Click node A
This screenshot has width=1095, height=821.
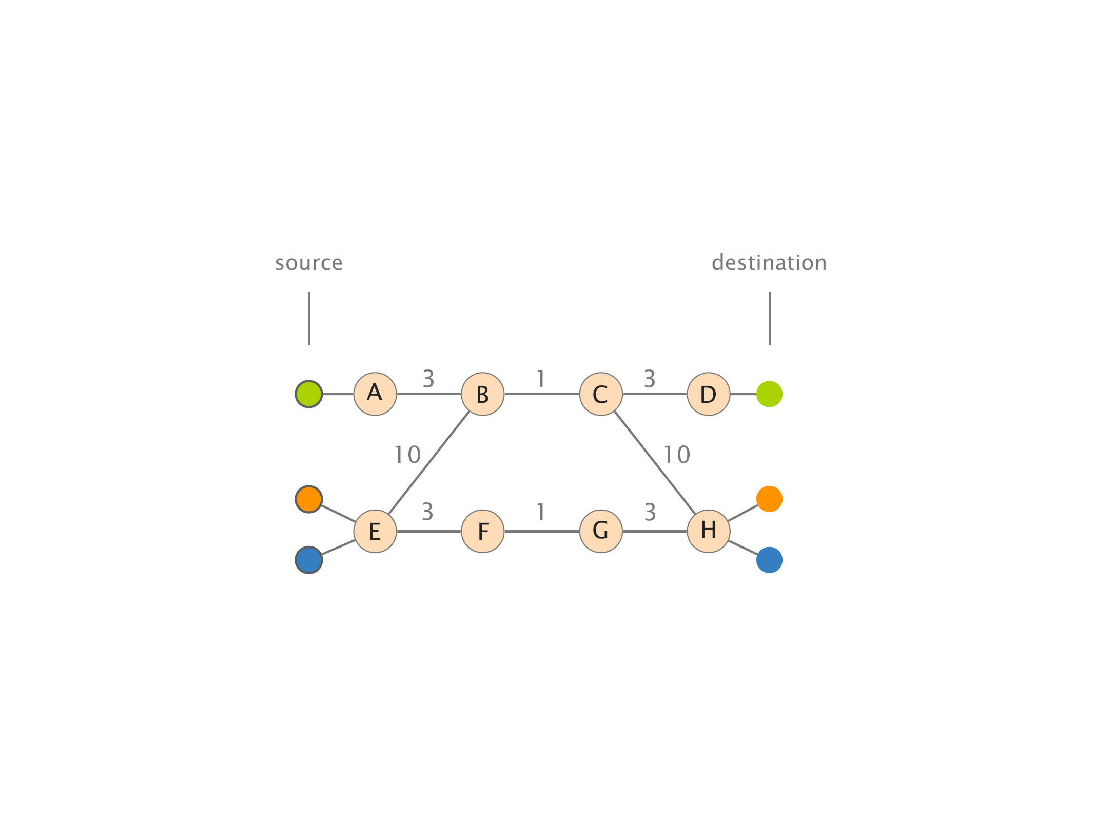click(x=375, y=394)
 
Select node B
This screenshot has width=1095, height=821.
click(x=483, y=394)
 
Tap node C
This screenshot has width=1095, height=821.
click(x=601, y=394)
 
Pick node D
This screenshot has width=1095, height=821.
click(x=709, y=394)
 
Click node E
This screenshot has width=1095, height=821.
click(x=375, y=531)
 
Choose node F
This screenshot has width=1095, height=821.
click(x=483, y=531)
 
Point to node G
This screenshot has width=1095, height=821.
click(x=601, y=531)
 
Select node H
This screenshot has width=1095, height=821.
click(x=709, y=531)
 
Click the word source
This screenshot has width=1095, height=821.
click(x=308, y=263)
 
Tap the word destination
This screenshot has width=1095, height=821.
click(x=769, y=263)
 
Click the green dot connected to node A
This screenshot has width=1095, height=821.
click(x=309, y=394)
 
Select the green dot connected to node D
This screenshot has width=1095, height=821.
click(x=769, y=394)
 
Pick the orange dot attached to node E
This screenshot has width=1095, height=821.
click(x=309, y=499)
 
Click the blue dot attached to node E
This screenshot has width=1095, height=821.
click(x=309, y=560)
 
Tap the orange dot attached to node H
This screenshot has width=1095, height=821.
click(x=769, y=499)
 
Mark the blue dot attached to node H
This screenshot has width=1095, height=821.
click(x=769, y=560)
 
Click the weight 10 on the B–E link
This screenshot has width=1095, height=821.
click(x=407, y=455)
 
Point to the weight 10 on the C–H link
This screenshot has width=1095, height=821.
click(x=677, y=455)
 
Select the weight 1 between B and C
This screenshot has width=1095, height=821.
click(x=541, y=379)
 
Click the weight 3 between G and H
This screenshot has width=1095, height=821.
click(x=650, y=512)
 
